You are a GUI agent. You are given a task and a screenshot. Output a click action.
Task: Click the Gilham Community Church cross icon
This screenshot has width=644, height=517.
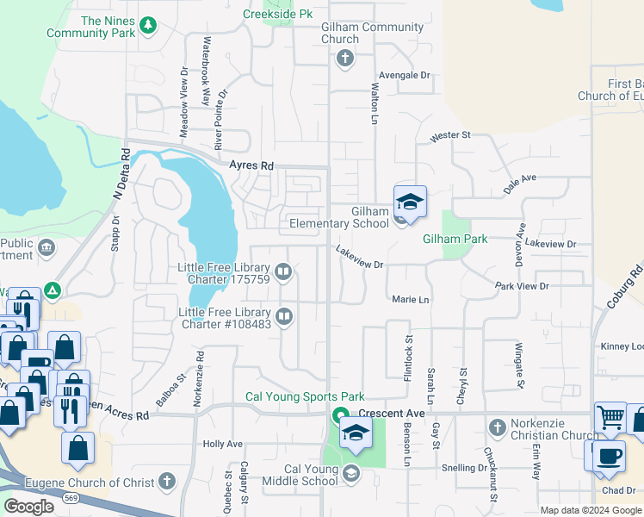344,59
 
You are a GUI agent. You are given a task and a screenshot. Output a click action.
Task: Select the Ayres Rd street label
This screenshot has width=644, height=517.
251,165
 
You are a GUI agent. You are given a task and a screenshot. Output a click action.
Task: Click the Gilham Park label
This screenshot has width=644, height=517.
455,239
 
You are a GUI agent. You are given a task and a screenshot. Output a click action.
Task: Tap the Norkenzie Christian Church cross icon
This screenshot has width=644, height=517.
497,427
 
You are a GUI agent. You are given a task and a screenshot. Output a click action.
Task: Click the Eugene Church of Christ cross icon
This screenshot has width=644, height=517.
167,481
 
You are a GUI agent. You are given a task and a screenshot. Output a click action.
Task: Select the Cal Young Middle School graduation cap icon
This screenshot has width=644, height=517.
350,473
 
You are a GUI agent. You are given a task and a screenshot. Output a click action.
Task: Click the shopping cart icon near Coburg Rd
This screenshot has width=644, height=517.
610,418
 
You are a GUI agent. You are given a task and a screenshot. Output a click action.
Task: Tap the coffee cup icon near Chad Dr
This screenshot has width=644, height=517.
610,455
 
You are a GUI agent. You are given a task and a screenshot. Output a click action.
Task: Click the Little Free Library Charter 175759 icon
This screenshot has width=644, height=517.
284,273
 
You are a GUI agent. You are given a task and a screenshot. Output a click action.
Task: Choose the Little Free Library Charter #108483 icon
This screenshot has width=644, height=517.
284,318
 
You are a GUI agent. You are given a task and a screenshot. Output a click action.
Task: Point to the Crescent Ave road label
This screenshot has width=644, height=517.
392,414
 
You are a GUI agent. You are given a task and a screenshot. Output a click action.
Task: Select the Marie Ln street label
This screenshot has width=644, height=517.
410,299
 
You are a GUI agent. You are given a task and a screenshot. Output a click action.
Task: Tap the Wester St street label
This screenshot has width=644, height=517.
450,135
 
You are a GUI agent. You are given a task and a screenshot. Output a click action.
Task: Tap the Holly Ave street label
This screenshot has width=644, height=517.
222,444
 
